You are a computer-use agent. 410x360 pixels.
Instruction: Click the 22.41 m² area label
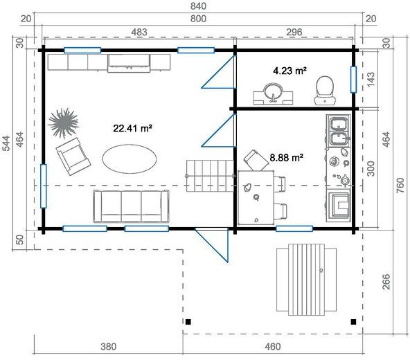[132, 128]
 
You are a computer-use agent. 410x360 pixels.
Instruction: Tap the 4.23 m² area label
[289, 71]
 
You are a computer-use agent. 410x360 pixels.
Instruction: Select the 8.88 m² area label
[286, 158]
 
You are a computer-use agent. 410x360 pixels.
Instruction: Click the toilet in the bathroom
[325, 91]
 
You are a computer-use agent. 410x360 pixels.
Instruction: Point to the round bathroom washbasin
[273, 94]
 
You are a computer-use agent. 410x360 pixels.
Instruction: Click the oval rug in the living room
[130, 159]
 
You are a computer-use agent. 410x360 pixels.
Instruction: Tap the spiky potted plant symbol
[64, 123]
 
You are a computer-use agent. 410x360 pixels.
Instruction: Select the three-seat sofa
[131, 206]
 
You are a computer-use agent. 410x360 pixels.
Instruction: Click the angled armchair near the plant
[73, 156]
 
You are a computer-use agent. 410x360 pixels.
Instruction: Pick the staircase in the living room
[210, 176]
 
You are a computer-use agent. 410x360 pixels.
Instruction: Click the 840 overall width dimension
[198, 6]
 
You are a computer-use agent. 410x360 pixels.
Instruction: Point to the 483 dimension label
[139, 32]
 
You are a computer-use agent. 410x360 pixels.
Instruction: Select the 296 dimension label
[294, 32]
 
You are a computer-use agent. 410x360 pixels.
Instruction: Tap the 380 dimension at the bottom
[109, 347]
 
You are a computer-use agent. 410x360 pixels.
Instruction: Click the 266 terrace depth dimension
[386, 282]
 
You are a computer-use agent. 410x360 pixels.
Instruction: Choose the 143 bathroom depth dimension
[371, 79]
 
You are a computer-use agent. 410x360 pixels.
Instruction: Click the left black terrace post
[188, 321]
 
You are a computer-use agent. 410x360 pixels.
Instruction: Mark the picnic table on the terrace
[306, 280]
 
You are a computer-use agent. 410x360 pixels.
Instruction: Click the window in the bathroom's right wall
[353, 80]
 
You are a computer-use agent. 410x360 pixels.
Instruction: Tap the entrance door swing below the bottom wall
[213, 245]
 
